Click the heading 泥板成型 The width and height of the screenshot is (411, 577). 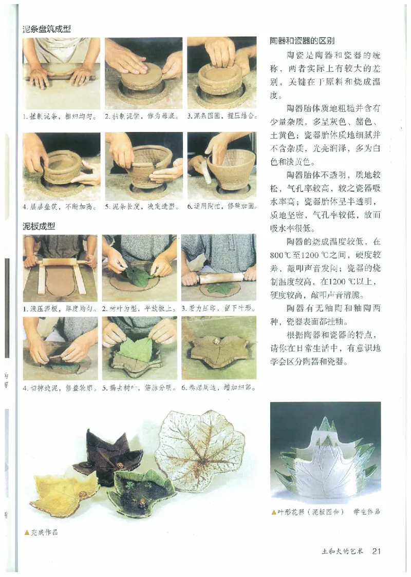click(x=39, y=226)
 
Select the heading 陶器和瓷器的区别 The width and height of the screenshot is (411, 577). click(x=302, y=41)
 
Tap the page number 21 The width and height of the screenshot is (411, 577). click(x=376, y=551)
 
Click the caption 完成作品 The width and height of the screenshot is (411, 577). click(x=44, y=532)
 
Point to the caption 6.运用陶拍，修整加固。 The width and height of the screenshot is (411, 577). click(x=222, y=207)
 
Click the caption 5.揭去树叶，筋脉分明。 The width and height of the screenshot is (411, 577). click(x=140, y=388)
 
